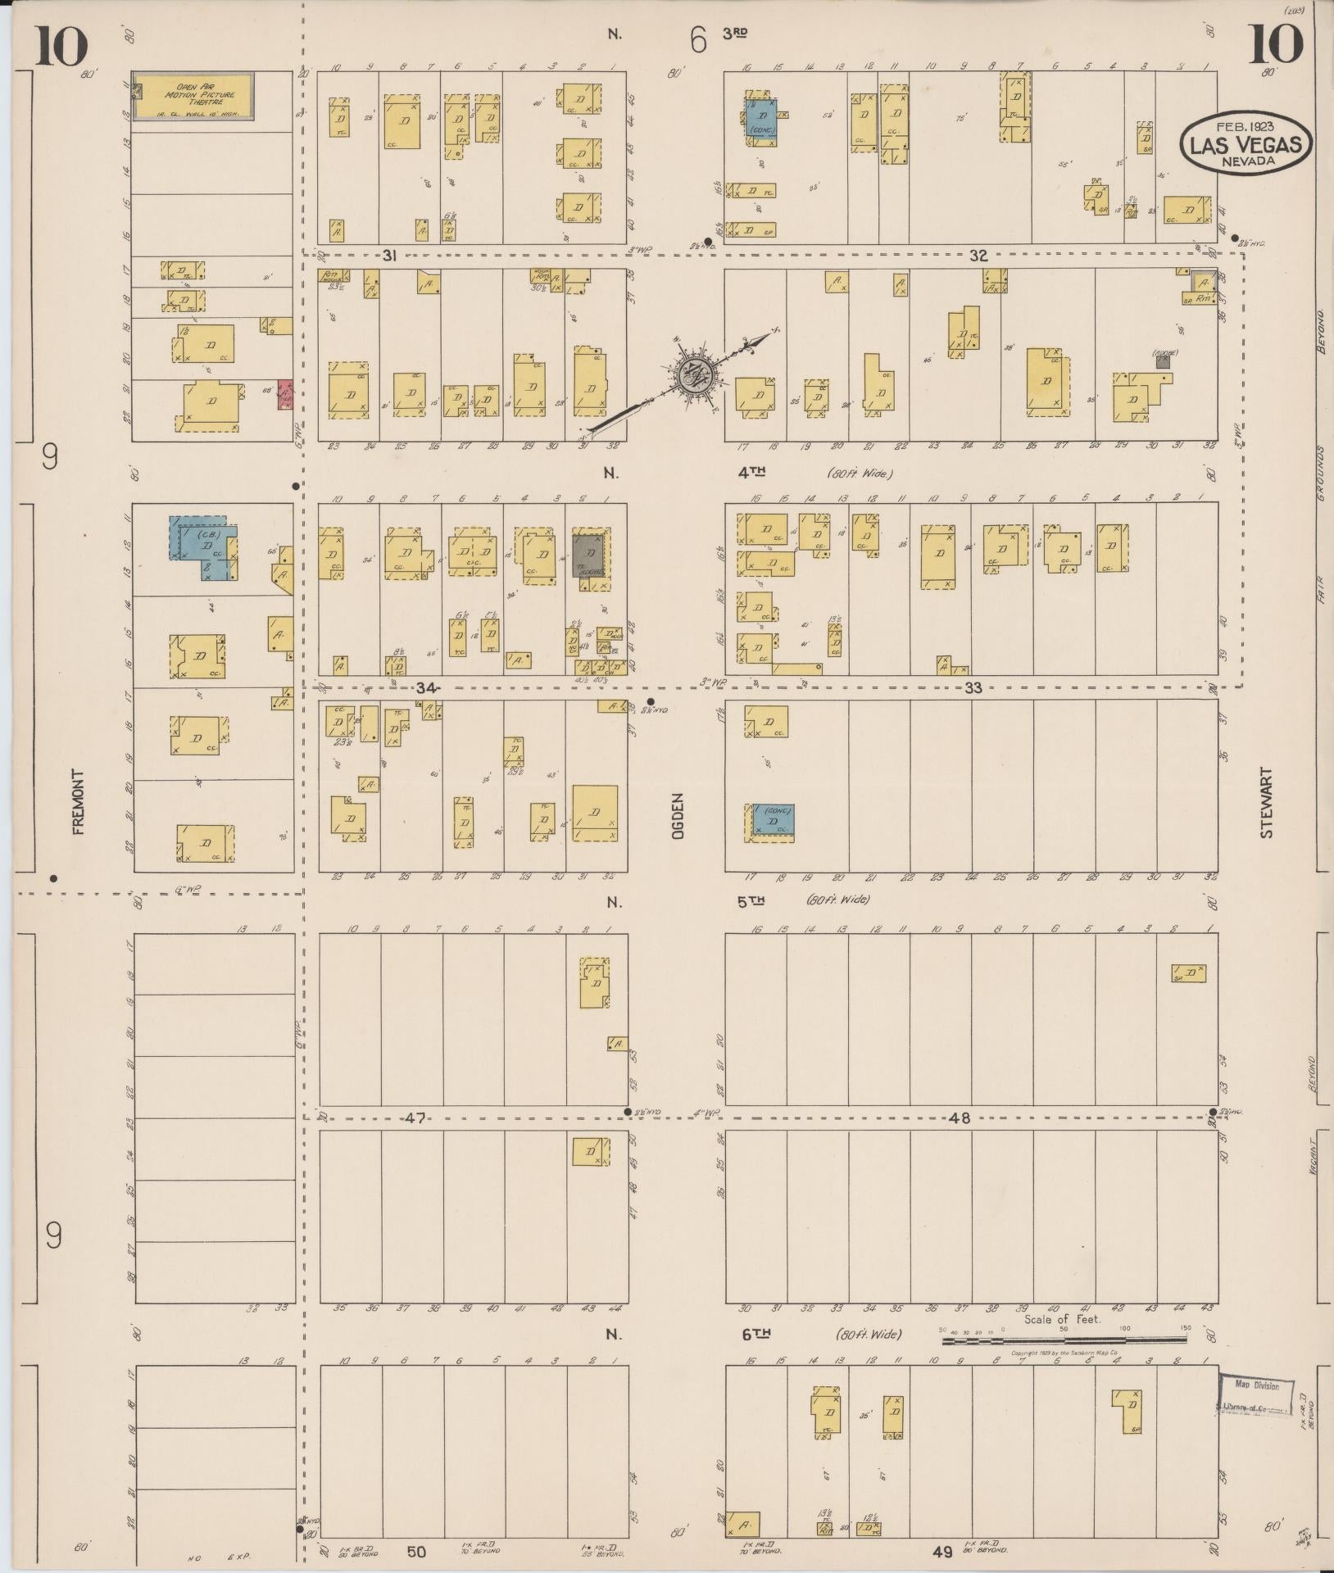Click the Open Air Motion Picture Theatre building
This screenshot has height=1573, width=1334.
(x=193, y=97)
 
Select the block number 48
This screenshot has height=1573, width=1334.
(x=960, y=1117)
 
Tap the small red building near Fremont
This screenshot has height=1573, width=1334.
(x=285, y=394)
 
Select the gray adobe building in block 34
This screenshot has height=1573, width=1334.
(x=589, y=555)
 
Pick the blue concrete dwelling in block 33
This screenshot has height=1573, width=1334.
(x=774, y=819)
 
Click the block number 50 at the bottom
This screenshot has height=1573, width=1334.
(x=416, y=1551)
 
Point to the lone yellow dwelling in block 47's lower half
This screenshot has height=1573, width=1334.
(x=590, y=1150)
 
